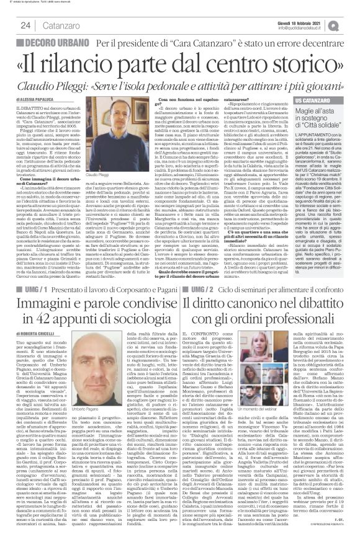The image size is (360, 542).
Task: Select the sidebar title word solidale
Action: pyautogui.click(x=332, y=126)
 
